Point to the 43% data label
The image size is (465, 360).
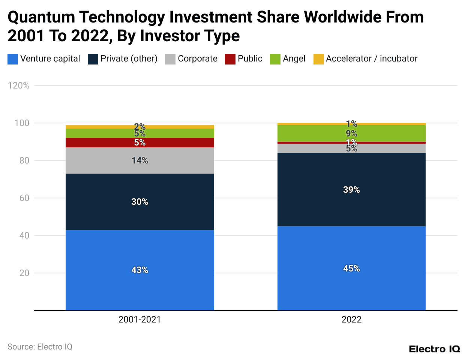140,270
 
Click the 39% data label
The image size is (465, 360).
351,190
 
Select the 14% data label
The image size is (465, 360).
140,160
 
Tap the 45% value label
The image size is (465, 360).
351,268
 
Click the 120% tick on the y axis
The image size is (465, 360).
19,85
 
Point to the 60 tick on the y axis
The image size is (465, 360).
24,198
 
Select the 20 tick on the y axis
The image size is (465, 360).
24,273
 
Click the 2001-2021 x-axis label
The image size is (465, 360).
139,319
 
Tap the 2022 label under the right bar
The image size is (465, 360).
351,319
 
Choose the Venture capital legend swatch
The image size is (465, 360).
13,59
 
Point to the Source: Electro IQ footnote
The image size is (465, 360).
40,346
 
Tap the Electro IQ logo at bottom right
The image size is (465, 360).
434,349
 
